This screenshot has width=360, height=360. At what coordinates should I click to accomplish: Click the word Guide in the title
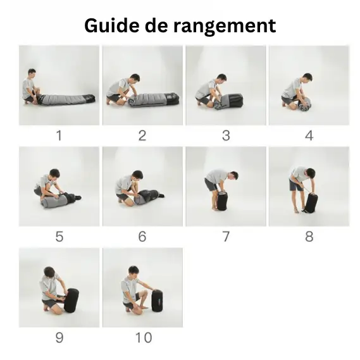tap(111, 25)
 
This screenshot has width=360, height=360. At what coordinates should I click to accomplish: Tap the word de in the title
tap(156, 25)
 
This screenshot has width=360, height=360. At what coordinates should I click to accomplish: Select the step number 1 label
tap(59, 135)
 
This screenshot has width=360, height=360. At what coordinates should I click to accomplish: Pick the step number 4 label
tap(309, 135)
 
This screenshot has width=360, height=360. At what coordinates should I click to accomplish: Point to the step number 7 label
tap(226, 237)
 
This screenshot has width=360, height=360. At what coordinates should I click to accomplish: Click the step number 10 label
tap(144, 337)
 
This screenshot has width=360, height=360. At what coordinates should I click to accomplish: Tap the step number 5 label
tap(59, 237)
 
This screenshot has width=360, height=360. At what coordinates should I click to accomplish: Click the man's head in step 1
tap(32, 73)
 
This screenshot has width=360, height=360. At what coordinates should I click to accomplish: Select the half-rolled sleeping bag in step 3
tap(228, 101)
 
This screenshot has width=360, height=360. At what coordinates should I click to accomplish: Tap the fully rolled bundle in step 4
tap(305, 104)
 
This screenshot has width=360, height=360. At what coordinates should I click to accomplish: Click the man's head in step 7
tap(234, 176)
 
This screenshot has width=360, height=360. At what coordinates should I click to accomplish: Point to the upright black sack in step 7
tap(222, 201)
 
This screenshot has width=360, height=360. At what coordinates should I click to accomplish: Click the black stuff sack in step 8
tap(311, 202)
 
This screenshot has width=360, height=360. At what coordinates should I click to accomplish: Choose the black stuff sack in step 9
tap(71, 301)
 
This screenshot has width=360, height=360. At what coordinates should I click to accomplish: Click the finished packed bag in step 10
tap(158, 301)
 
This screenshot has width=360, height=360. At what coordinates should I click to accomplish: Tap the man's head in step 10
tap(133, 271)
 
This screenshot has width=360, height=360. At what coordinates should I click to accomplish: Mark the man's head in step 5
tap(54, 173)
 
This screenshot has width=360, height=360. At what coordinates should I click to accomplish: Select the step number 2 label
tap(142, 135)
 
